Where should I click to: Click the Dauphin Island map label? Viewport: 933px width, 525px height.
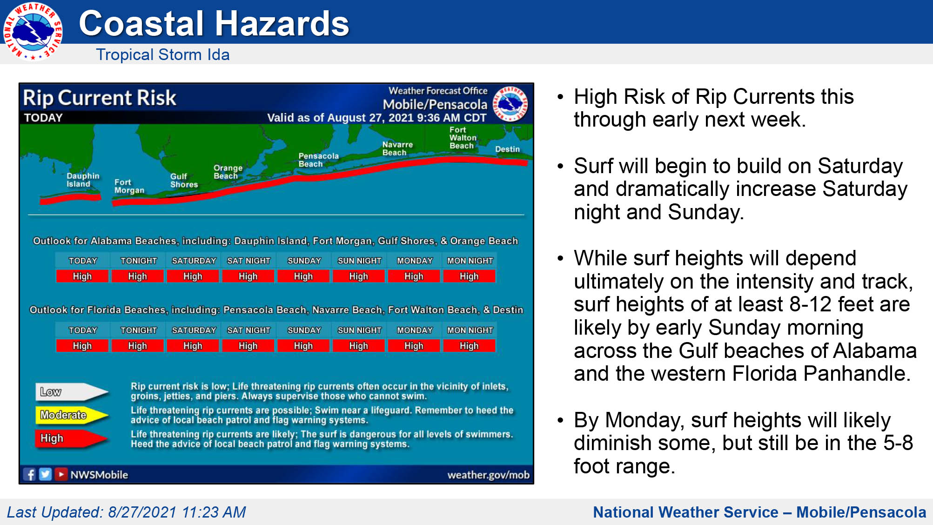83,180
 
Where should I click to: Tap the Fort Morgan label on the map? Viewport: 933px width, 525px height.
129,186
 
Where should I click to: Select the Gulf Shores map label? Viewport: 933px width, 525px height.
184,181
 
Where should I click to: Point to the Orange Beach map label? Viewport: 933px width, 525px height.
228,172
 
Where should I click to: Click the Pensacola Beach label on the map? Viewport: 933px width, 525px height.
318,160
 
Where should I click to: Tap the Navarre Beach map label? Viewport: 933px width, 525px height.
397,148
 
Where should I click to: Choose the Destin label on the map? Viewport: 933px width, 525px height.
507,149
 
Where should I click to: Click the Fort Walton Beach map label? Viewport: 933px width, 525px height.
463,138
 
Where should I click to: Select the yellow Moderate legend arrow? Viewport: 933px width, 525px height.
72,415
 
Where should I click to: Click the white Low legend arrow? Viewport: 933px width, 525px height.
72,392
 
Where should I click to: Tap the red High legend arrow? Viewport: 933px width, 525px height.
72,438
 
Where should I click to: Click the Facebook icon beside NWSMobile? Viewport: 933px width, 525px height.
30,474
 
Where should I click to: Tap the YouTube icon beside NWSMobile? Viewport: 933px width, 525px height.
61,474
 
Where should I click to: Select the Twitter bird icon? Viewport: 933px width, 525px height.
45,474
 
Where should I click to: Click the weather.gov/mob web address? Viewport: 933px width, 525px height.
488,475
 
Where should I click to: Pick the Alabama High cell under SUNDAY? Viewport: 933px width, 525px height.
303,276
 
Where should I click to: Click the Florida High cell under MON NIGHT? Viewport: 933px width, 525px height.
469,346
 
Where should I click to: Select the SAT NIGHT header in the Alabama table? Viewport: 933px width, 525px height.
248,261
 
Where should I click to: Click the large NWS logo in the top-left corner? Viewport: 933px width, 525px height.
33,31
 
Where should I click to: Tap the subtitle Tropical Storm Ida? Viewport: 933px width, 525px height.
163,54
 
